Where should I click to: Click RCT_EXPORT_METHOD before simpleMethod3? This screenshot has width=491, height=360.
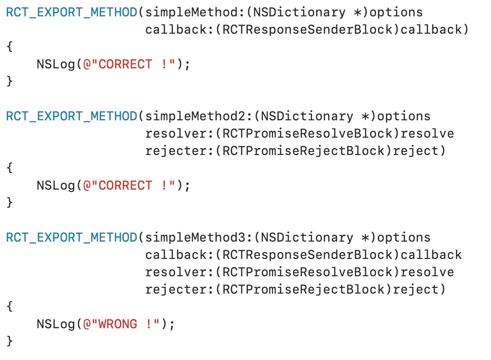coord(71,238)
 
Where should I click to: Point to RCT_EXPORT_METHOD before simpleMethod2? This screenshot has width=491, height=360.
coord(71,116)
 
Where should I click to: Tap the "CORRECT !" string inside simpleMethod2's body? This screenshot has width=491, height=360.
coord(130,186)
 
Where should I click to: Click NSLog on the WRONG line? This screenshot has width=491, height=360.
coord(56,324)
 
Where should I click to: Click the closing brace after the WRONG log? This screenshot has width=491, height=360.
coord(10,341)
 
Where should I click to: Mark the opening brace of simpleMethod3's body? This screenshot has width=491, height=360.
coord(10,307)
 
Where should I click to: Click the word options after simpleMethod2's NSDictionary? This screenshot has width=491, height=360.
coord(404,116)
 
